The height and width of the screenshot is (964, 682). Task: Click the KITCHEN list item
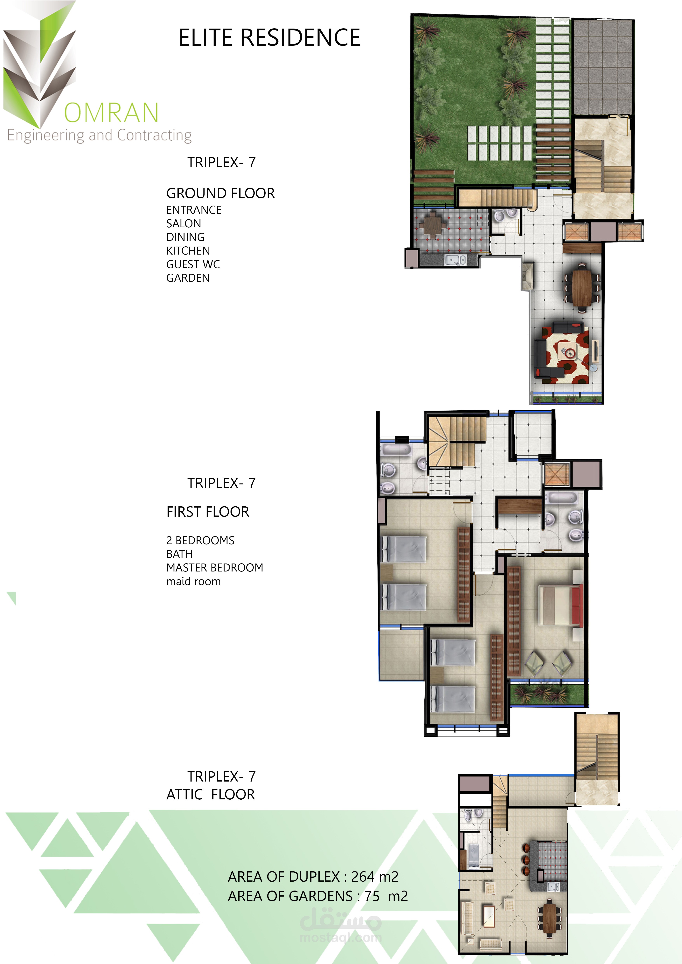pyautogui.click(x=188, y=251)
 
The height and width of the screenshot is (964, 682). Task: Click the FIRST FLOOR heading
pyautogui.click(x=208, y=512)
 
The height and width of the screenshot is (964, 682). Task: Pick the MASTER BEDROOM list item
pyautogui.click(x=215, y=568)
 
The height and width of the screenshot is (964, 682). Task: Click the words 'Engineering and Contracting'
pyautogui.click(x=100, y=135)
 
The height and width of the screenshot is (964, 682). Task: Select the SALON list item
pyautogui.click(x=184, y=223)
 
